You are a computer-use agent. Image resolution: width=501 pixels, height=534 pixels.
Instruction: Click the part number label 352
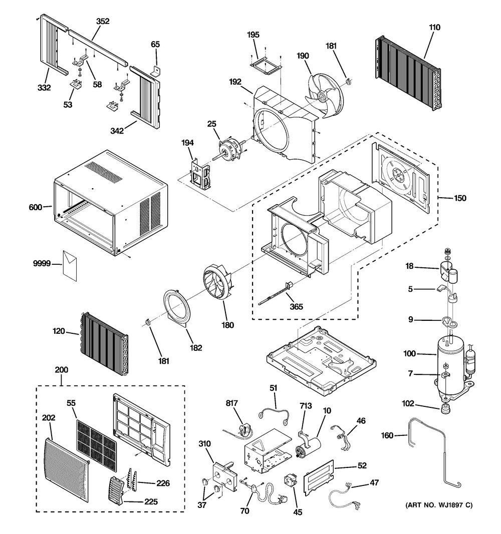(103, 21)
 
